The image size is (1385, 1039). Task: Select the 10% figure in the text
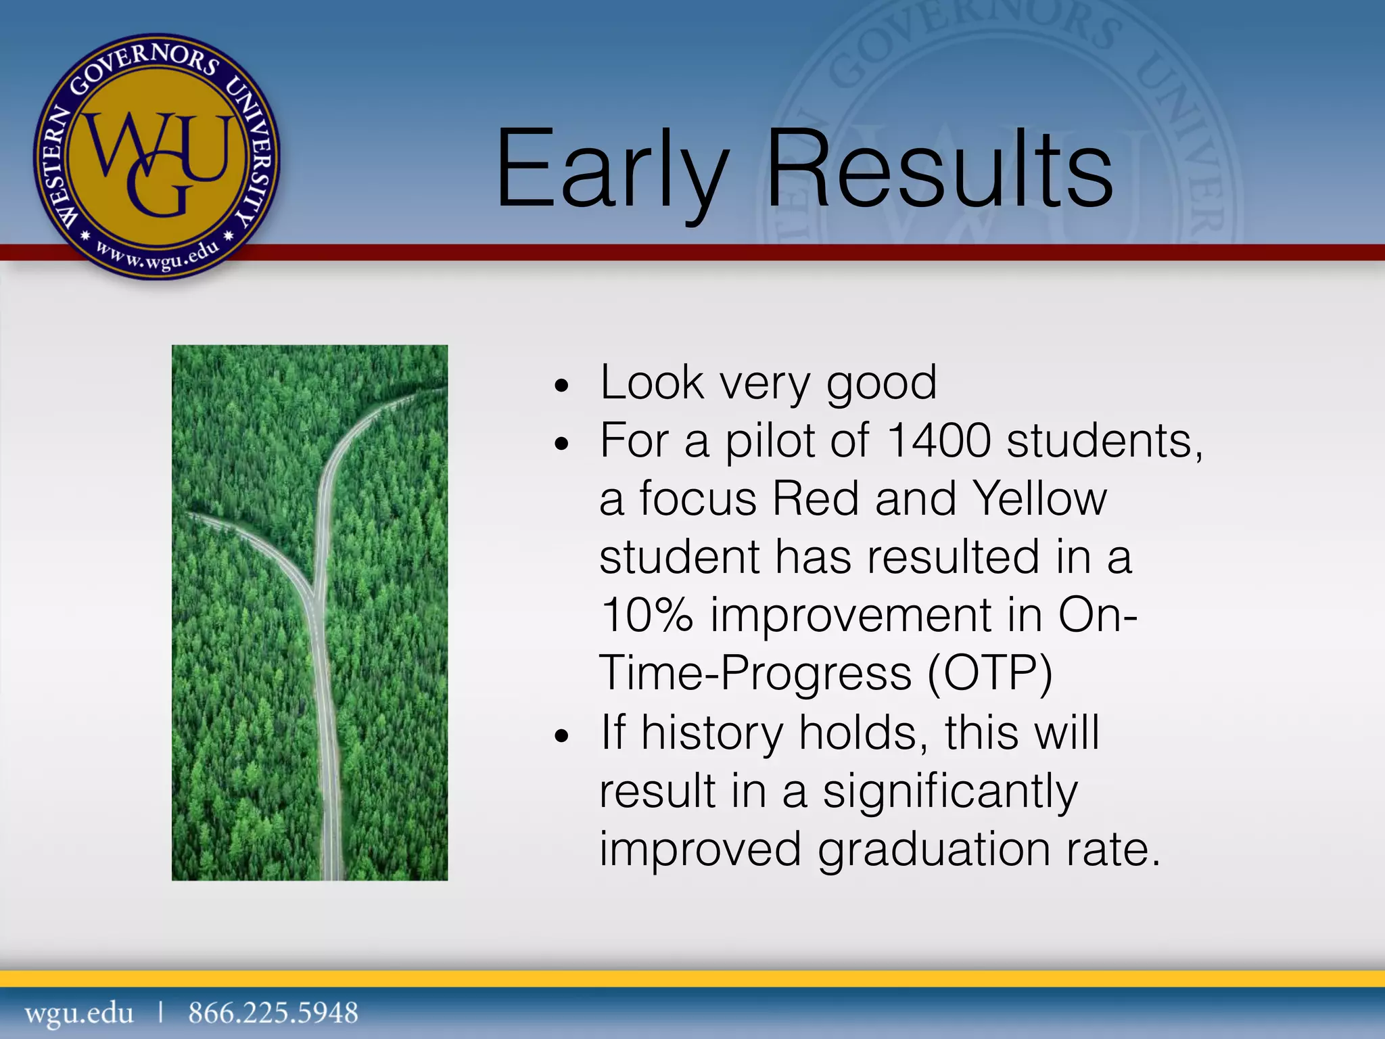[647, 616]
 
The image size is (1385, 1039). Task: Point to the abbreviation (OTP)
[989, 674]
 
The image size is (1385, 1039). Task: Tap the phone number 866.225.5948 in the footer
[273, 1013]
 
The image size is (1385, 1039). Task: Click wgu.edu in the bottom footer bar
[79, 1013]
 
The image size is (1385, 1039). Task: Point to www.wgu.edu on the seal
[157, 258]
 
